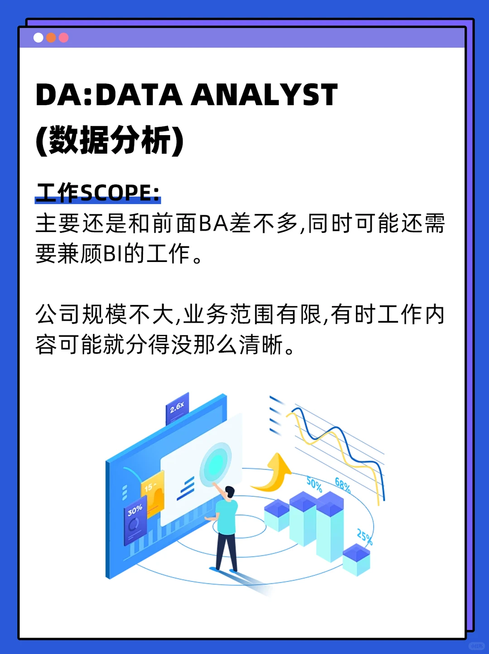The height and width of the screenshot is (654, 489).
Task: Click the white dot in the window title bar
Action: point(38,38)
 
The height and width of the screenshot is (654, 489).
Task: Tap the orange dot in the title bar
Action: point(51,38)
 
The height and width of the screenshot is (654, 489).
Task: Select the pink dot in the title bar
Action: point(64,38)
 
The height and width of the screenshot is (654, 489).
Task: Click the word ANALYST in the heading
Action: point(264,95)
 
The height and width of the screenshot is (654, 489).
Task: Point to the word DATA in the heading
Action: point(139,95)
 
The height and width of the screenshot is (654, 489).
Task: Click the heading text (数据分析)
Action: point(110,140)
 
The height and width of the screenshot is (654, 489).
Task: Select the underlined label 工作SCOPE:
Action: point(98,193)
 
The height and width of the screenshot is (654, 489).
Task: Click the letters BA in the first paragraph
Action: point(213,223)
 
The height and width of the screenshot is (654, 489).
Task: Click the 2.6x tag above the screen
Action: point(177,408)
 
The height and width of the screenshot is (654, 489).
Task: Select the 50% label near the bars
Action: point(314,484)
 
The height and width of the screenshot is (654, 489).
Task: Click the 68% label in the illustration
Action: point(343,485)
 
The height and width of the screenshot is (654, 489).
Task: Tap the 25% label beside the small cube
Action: point(364,537)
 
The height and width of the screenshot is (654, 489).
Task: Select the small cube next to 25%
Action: point(356,560)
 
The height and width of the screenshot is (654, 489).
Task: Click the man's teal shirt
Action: point(227,517)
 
